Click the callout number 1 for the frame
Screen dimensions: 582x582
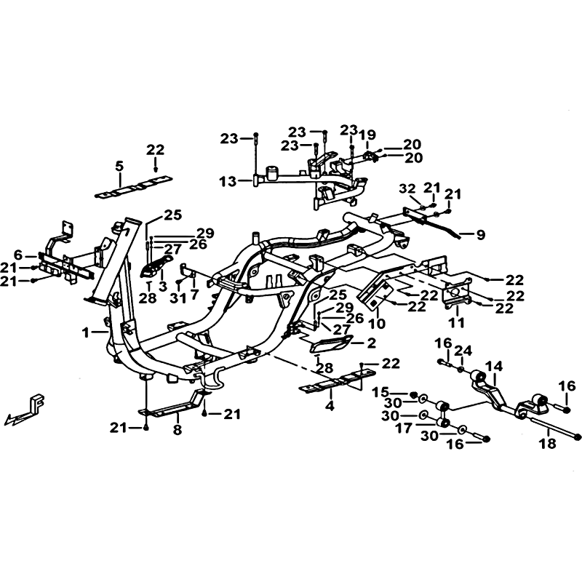[x=86, y=333]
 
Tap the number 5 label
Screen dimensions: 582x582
[x=119, y=167]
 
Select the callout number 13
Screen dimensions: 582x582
[x=228, y=182]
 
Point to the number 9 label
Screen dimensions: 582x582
[x=481, y=234]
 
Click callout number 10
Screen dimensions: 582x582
[x=378, y=323]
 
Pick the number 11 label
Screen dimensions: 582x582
[x=457, y=322]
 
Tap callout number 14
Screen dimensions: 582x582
[x=495, y=367]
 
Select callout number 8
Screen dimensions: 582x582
[x=178, y=429]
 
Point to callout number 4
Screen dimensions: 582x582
[x=330, y=406]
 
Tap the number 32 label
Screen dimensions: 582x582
[x=407, y=188]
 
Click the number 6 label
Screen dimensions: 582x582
[x=19, y=255]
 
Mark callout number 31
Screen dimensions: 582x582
[x=178, y=298]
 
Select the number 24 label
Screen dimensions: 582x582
[x=463, y=351]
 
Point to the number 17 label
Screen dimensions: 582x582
[x=403, y=428]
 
